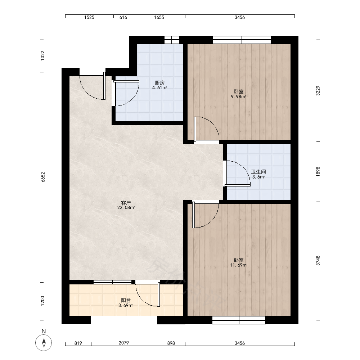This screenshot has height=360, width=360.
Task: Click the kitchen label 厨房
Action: (159, 83)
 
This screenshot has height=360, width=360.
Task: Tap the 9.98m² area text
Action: (238, 96)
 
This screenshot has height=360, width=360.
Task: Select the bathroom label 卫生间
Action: (258, 172)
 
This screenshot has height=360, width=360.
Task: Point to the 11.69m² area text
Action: (239, 265)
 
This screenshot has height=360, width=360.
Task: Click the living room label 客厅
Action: (126, 203)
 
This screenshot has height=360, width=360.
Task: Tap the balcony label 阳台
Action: (126, 300)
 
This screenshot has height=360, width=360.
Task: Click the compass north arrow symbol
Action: (44, 343)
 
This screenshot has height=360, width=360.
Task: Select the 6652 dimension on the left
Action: (43, 177)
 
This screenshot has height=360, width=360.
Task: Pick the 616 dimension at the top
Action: (123, 17)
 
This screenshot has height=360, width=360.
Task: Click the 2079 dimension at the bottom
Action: (124, 343)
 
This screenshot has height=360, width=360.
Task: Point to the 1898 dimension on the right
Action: (318, 171)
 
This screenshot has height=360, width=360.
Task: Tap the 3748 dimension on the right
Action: (318, 261)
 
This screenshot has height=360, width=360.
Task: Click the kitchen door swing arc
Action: (134, 99)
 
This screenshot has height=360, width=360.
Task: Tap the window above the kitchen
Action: (172, 40)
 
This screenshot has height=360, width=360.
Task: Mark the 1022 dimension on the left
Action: (43, 55)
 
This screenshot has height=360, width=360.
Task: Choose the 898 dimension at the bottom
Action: (171, 343)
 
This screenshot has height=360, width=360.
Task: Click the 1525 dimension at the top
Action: (89, 17)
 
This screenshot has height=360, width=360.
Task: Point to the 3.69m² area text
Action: (126, 306)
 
